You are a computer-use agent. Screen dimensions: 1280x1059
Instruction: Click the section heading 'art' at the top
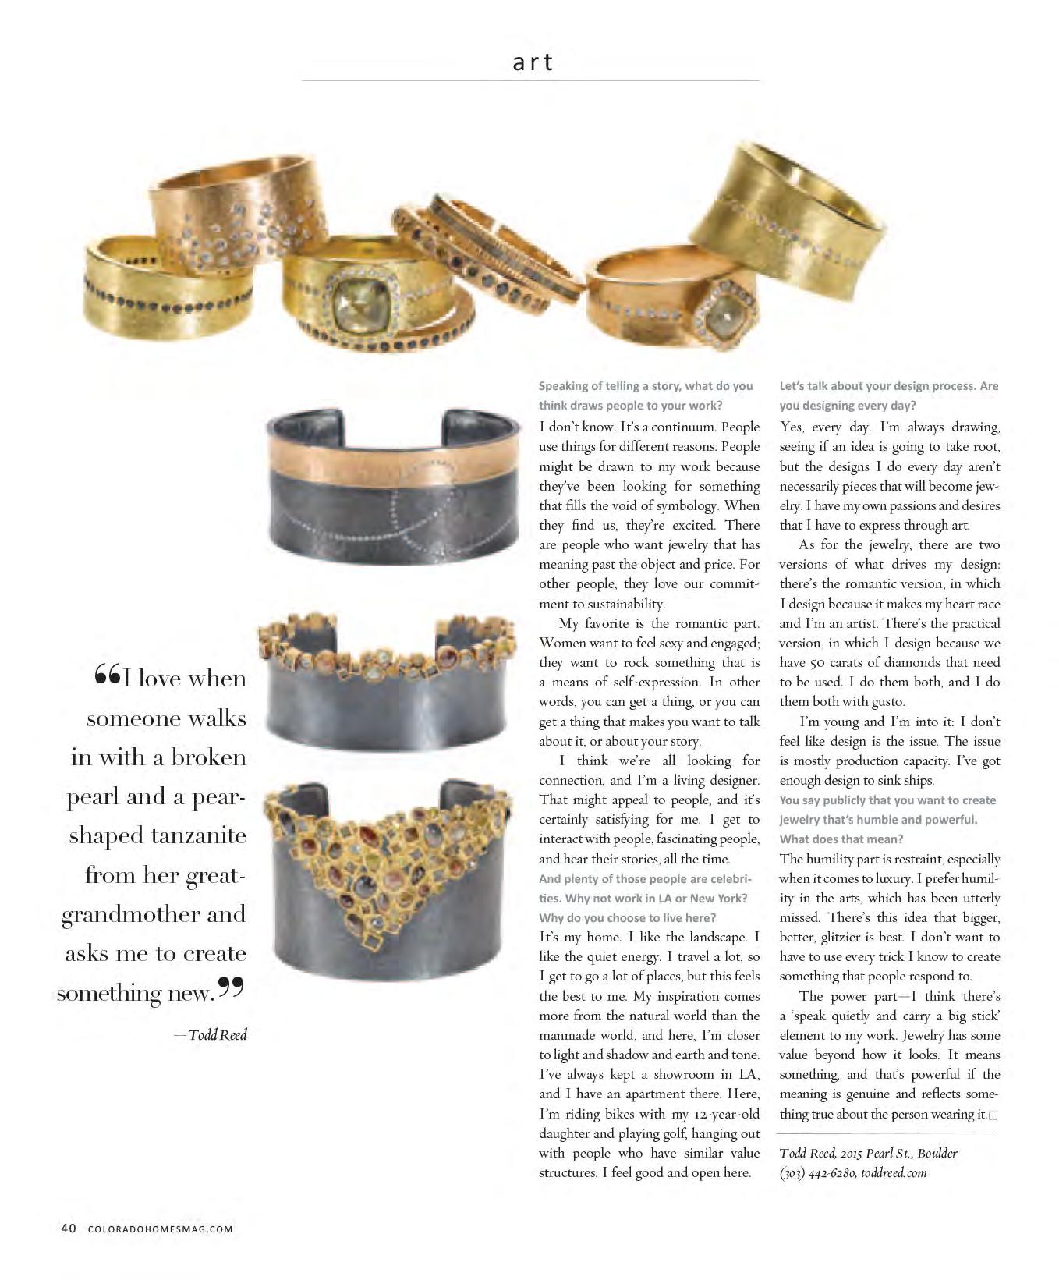tap(532, 62)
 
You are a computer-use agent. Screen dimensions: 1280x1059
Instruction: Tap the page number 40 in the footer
tap(68, 1229)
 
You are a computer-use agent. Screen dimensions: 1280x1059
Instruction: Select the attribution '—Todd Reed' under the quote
tap(211, 1035)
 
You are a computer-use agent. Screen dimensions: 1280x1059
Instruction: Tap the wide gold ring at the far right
tap(788, 207)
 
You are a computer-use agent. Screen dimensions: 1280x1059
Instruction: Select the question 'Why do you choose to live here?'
tap(627, 917)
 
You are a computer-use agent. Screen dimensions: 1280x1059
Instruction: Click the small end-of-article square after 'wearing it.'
tap(993, 1115)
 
